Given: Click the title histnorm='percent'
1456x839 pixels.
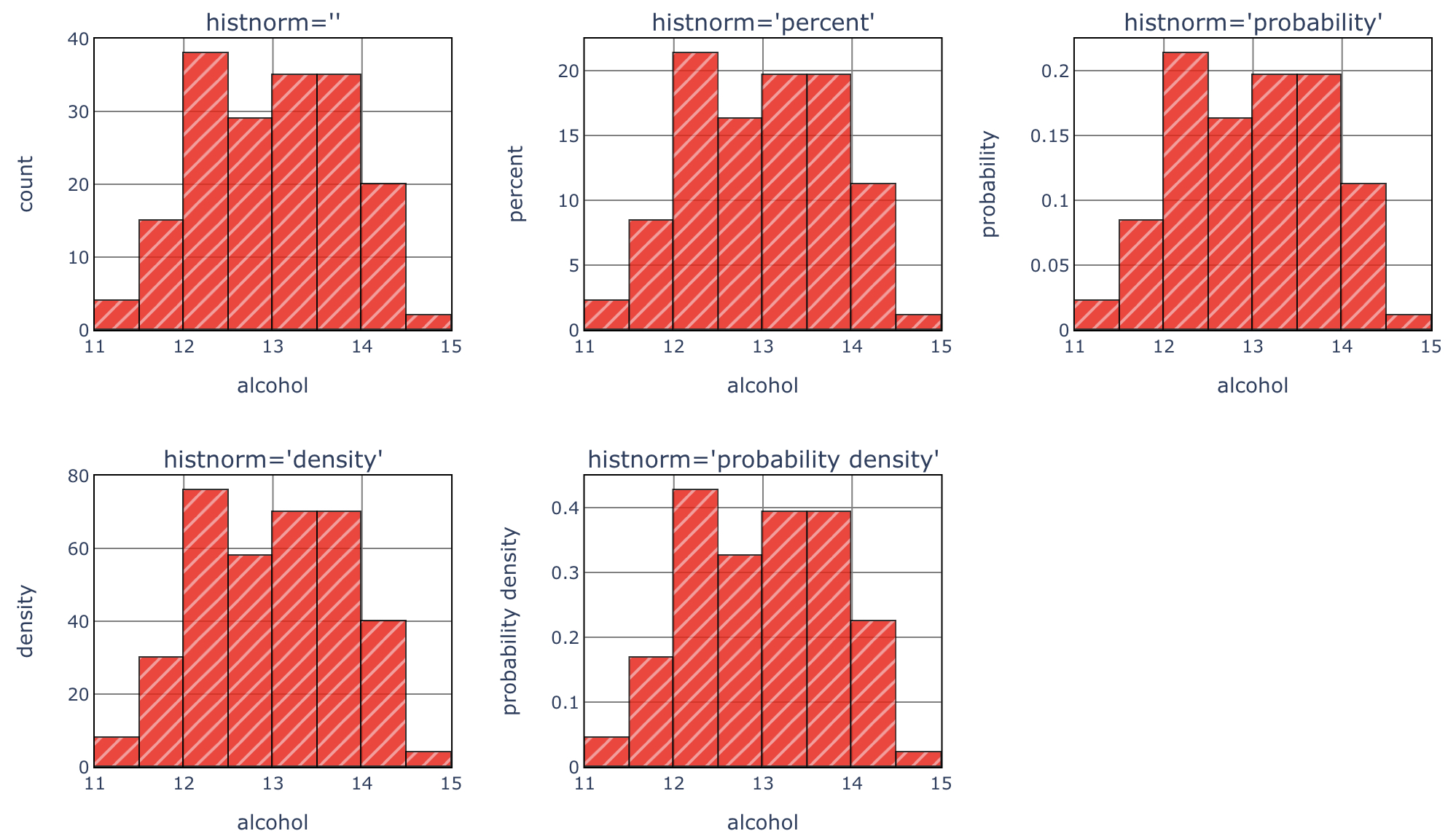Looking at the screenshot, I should point(762,23).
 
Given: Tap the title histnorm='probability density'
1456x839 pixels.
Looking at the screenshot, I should point(762,460).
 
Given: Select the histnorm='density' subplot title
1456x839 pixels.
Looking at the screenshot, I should point(273,460).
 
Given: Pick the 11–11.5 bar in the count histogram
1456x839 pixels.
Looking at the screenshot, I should point(117,315).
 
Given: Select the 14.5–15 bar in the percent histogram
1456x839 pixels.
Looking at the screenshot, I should point(918,323).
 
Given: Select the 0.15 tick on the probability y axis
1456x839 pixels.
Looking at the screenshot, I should point(1046,136).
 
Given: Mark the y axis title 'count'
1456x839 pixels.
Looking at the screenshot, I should point(26,184).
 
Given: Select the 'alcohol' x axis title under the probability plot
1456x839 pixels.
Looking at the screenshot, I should point(1252,385).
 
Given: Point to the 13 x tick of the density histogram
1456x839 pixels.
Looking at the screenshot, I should point(273,784).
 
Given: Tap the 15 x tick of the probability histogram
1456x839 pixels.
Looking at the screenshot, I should point(1430,347).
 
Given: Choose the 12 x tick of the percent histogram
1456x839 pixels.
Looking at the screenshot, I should point(673,347).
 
